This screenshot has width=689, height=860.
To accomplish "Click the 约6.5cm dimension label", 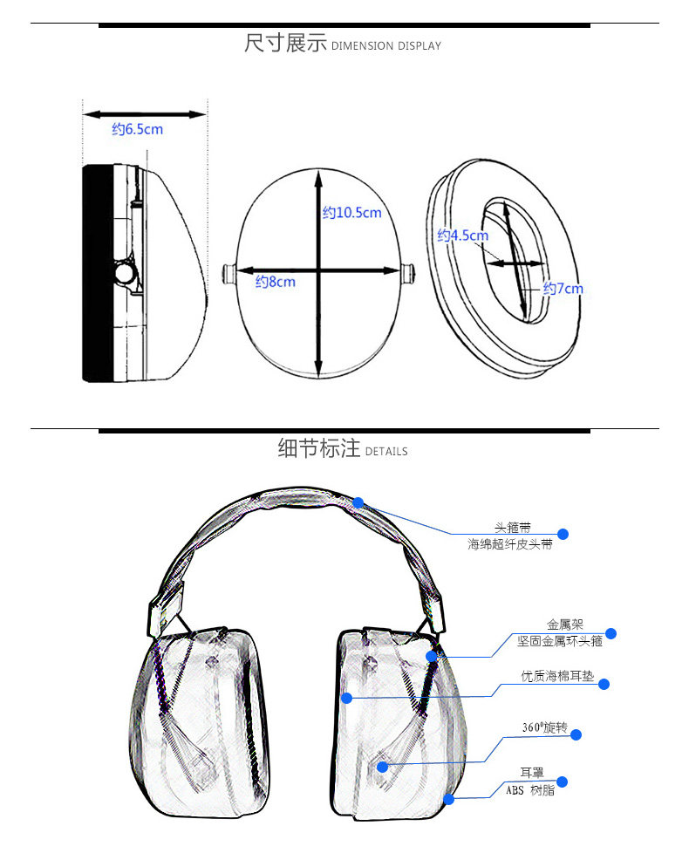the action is [x=137, y=129].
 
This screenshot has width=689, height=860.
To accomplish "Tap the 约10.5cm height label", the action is [x=352, y=213].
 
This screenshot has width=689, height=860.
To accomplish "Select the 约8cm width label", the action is [x=275, y=282].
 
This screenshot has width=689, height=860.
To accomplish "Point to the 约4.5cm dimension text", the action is [x=462, y=235].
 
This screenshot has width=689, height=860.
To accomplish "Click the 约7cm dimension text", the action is [x=563, y=289].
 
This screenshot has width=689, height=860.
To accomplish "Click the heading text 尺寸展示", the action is [x=285, y=43].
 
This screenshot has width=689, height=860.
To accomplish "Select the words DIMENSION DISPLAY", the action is [x=386, y=46].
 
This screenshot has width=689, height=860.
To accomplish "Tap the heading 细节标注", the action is [x=318, y=448].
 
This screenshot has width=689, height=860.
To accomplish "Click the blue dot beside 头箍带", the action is [x=563, y=534].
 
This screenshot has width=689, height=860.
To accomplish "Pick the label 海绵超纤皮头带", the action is [x=509, y=544].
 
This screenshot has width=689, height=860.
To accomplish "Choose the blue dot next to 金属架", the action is [x=611, y=633].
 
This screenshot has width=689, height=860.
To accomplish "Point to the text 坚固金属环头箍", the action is [x=559, y=641].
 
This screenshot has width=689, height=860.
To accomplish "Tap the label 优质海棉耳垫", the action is [x=557, y=676].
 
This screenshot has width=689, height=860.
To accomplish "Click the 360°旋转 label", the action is [x=544, y=728].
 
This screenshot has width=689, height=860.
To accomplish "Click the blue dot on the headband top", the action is [x=358, y=502].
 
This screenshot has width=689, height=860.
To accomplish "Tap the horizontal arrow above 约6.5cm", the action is [x=145, y=113].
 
